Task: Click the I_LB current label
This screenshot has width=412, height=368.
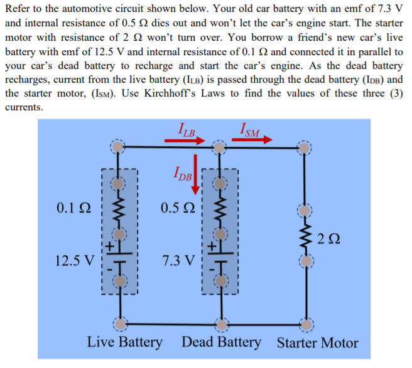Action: (x=187, y=130)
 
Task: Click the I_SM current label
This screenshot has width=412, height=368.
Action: (x=249, y=130)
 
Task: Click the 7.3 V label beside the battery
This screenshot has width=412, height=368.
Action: (x=179, y=259)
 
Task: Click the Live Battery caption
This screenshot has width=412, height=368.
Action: (x=124, y=342)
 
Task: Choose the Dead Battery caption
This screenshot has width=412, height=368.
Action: (x=221, y=342)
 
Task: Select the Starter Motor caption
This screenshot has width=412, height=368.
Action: (x=317, y=343)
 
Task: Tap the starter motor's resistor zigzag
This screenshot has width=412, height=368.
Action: (x=306, y=237)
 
